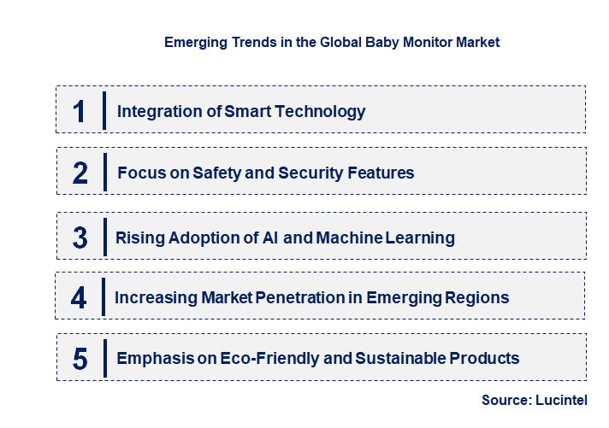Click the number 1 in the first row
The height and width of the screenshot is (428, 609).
(x=80, y=111)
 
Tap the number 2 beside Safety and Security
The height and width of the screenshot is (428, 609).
(x=80, y=173)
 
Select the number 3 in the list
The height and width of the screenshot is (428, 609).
(x=80, y=237)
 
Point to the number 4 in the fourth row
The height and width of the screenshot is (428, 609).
(x=80, y=298)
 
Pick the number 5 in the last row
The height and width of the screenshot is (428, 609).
(x=80, y=359)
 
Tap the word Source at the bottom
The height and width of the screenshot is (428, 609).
(x=506, y=400)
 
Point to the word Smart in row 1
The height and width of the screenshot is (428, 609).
(x=247, y=111)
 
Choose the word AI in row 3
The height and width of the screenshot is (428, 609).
(x=268, y=237)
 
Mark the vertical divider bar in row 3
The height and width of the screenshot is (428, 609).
(x=103, y=236)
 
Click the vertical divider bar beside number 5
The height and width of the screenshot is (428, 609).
(x=104, y=358)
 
